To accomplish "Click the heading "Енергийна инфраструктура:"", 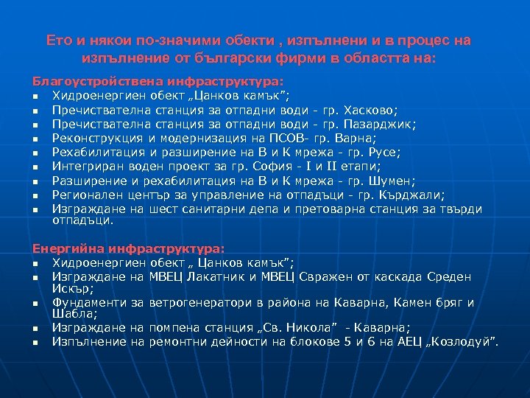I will (129, 251).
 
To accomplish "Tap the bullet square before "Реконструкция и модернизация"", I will (35, 139).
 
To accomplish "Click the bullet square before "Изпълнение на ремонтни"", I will (35, 342).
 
